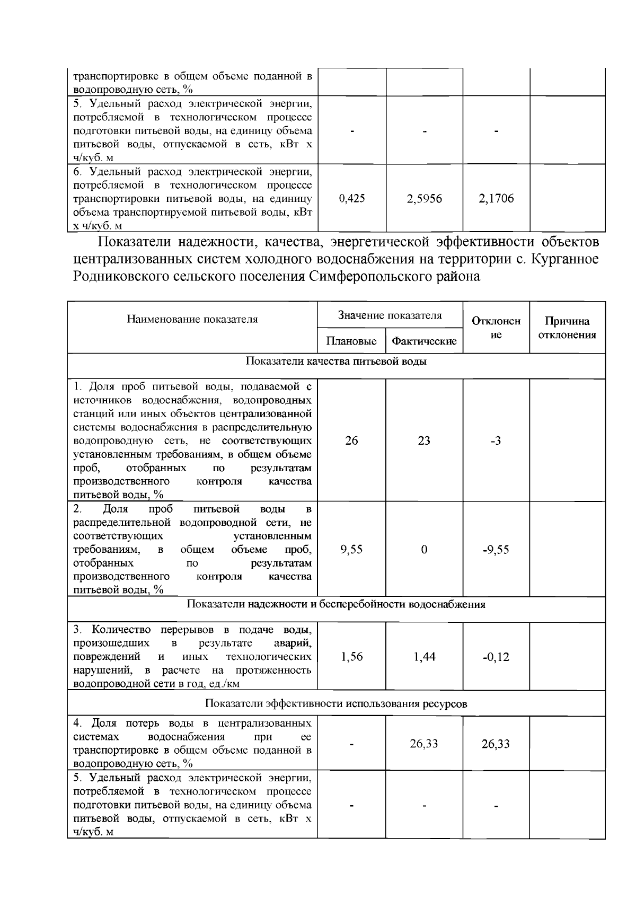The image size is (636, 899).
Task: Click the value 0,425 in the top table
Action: click(351, 199)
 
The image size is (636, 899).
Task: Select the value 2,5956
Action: click(424, 199)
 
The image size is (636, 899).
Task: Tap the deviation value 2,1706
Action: click(496, 199)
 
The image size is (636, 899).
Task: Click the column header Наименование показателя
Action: click(192, 319)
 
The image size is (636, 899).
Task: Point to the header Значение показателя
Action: click(390, 316)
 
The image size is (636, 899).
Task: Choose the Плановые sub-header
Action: click(351, 341)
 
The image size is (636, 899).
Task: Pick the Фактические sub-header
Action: click(424, 341)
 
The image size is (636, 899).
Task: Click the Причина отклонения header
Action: click(567, 328)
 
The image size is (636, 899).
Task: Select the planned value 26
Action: click(351, 440)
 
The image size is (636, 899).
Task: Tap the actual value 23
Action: click(424, 440)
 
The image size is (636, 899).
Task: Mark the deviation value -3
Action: click(496, 440)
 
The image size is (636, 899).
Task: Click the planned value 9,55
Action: click(351, 549)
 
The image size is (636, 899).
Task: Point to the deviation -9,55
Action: click(496, 549)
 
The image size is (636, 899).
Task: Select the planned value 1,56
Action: click(351, 657)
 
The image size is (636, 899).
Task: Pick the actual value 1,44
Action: click(424, 657)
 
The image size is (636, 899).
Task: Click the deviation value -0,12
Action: click(496, 657)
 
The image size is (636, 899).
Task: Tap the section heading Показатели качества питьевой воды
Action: click(336, 362)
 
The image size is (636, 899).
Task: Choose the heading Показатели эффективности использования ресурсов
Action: click(336, 703)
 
